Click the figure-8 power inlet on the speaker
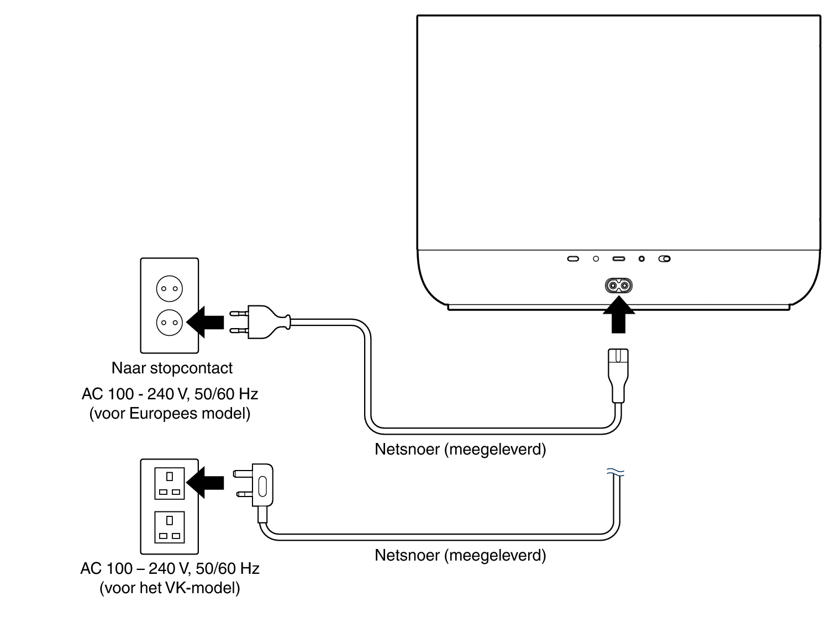[618, 286]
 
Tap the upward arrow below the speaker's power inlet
[618, 316]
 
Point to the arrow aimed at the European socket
[206, 321]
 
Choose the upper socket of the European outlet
[169, 288]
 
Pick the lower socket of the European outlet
[169, 322]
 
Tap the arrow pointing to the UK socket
[206, 483]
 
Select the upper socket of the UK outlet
[169, 483]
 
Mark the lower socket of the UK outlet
[169, 527]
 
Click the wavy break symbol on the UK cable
[615, 472]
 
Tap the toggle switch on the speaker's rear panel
[665, 258]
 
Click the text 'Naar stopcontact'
[172, 368]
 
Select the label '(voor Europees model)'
[170, 413]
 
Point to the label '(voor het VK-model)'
[170, 588]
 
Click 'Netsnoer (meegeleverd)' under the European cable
[460, 449]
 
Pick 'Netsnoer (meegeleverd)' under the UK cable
[460, 555]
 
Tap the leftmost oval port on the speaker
[573, 258]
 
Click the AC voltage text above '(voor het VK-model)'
[170, 568]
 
